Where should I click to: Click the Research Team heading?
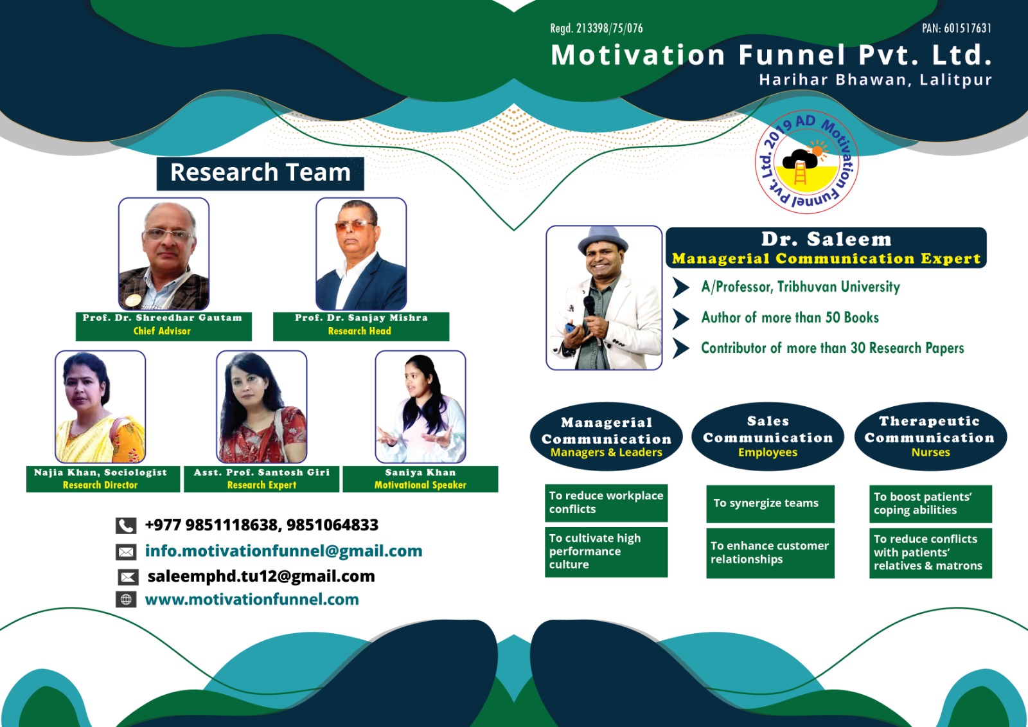pos(260,173)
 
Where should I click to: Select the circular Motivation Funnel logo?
pos(806,162)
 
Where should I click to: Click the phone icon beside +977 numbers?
pos(126,525)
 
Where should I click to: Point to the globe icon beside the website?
pos(126,599)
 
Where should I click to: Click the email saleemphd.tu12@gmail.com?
pos(261,576)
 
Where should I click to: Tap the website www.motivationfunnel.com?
pos(252,599)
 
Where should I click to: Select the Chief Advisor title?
pos(162,331)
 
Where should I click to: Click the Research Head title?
pos(359,331)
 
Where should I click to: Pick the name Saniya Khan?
pos(420,472)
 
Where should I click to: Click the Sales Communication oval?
pos(768,436)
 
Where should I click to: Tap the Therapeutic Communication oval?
pos(930,436)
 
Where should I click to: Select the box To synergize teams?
pos(770,504)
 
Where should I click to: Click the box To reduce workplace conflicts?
pos(607,503)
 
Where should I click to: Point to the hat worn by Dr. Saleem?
pos(603,240)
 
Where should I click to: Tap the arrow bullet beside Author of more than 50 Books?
pos(681,319)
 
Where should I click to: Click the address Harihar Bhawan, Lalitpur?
pos(875,80)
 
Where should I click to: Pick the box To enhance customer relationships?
pos(770,553)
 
